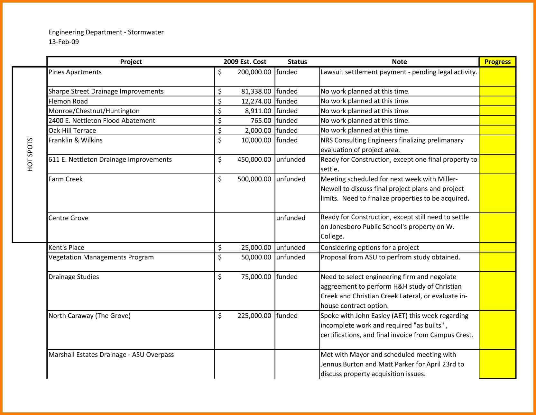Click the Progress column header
point(497,62)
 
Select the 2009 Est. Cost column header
point(245,62)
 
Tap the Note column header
point(399,62)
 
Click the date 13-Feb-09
point(64,42)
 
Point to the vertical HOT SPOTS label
point(30,155)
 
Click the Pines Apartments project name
point(75,72)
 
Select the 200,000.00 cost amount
point(254,72)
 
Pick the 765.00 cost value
point(261,121)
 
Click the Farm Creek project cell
point(66,179)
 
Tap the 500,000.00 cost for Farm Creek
point(254,179)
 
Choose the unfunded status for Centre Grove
point(291,218)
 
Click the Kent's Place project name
point(66,248)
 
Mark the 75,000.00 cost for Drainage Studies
point(256,277)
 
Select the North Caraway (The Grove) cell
point(89,316)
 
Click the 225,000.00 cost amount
point(254,316)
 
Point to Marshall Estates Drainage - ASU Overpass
point(111,355)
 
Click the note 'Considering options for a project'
point(370,248)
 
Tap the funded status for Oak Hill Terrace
point(287,131)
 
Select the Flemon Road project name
point(68,101)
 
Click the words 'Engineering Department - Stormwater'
point(106,32)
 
